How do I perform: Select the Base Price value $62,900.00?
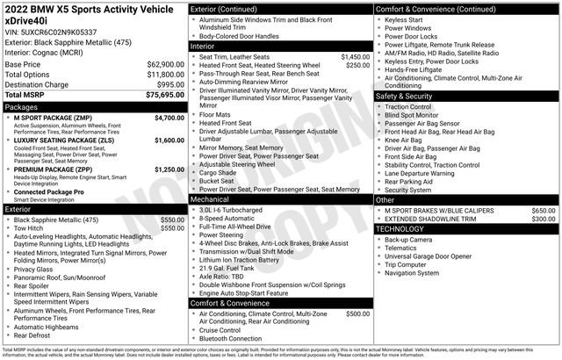pos(164,65)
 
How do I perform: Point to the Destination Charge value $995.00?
pos(169,83)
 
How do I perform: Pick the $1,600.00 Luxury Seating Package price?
pos(168,140)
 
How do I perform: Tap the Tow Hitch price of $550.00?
pos(171,228)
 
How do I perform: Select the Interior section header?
pos(204,46)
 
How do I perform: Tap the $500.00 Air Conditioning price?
pos(357,313)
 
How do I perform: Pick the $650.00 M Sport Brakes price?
pos(543,211)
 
